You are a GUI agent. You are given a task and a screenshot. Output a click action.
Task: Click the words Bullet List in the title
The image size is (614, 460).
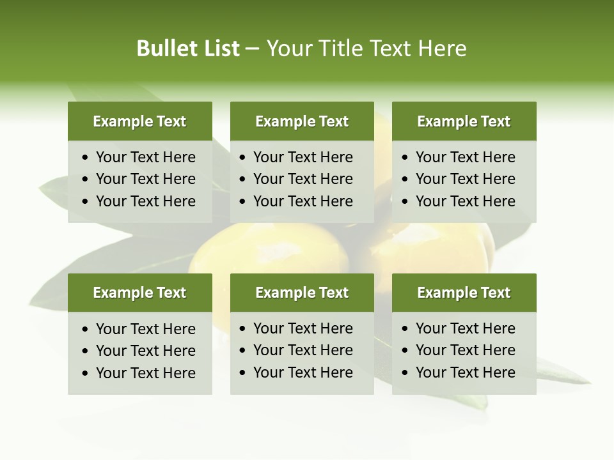[x=188, y=49]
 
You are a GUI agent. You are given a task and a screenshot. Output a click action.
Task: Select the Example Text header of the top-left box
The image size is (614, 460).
[x=139, y=121]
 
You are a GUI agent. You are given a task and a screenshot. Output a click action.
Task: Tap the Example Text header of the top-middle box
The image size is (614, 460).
[x=302, y=121]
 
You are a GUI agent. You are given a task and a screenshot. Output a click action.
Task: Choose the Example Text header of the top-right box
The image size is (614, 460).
[x=464, y=121]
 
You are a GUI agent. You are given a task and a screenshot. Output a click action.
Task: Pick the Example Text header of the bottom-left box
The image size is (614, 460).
[x=139, y=293]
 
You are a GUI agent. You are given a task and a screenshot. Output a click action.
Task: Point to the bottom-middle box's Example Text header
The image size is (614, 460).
[x=302, y=293]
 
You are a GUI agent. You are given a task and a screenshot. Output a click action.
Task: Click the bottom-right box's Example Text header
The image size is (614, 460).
[x=464, y=293]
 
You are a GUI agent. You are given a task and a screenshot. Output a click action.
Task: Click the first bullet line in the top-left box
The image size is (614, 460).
[x=145, y=157]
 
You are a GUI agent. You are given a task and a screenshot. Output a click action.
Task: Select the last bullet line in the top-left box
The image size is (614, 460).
[x=145, y=201]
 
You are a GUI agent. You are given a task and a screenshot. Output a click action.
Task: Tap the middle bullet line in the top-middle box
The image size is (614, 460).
[x=303, y=179]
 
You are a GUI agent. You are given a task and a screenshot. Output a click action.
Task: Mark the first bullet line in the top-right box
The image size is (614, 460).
[x=465, y=157]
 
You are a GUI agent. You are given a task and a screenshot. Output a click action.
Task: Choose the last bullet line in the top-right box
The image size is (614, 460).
[x=465, y=201]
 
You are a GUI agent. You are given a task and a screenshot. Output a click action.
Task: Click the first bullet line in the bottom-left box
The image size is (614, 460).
[x=145, y=329]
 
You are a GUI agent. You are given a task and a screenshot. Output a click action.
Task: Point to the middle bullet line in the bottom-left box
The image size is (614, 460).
[x=145, y=351]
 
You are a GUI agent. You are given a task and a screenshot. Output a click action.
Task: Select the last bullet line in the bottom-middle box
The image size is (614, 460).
[x=303, y=372]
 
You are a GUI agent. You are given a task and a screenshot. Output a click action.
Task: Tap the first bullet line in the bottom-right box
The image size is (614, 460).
[x=465, y=328]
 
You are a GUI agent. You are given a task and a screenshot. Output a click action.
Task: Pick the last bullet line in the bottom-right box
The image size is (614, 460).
[x=465, y=372]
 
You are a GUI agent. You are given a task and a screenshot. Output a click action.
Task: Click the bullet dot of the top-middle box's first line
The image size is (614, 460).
[x=243, y=158]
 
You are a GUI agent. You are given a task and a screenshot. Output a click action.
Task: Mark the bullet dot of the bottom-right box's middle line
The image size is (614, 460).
[x=405, y=351]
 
